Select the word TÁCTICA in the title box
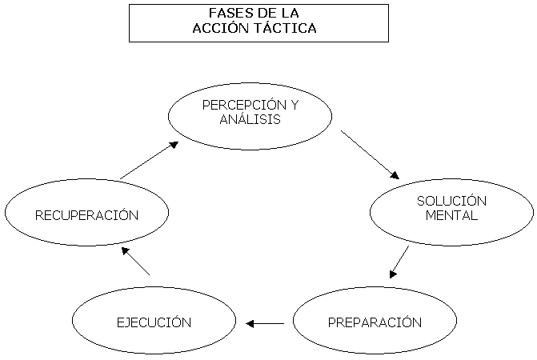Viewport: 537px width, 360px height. (x=285, y=28)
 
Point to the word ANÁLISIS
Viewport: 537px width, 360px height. (x=250, y=119)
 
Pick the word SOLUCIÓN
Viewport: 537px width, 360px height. (x=451, y=201)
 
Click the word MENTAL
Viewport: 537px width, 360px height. (x=451, y=215)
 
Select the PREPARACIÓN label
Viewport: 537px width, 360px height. (x=375, y=322)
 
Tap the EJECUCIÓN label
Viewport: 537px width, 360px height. (x=154, y=322)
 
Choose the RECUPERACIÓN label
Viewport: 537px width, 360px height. (x=86, y=215)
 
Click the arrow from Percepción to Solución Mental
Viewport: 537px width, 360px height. (x=370, y=154)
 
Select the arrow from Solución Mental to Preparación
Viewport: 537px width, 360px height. (x=399, y=262)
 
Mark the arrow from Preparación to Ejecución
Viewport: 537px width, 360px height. (x=265, y=323)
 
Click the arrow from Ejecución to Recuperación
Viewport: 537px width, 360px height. (x=135, y=261)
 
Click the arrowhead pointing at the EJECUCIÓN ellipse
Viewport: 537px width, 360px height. (x=250, y=323)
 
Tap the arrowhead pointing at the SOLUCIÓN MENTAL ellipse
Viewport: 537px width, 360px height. (x=394, y=174)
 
